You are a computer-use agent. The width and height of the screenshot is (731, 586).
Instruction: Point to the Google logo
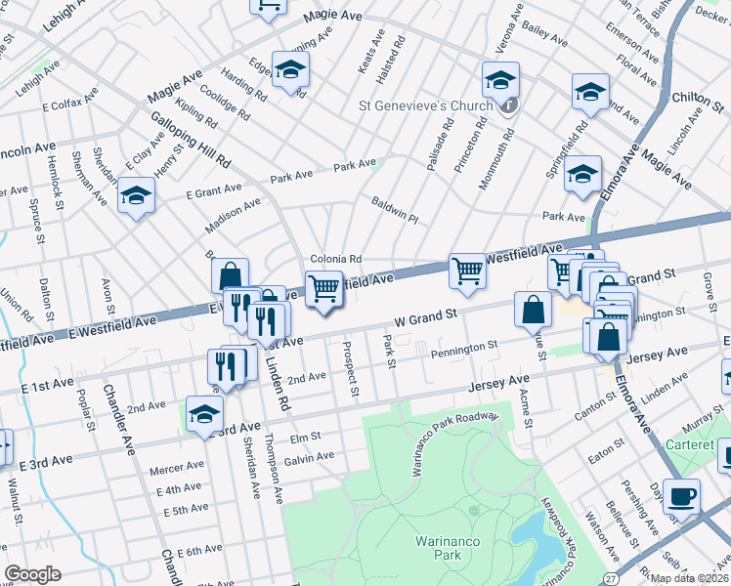[32, 574]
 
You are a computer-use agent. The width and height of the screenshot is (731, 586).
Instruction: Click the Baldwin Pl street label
[395, 211]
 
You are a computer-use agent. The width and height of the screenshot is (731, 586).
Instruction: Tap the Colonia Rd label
[336, 259]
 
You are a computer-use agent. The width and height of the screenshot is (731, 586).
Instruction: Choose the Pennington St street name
[466, 346]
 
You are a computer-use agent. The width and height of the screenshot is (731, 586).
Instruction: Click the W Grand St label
[426, 317]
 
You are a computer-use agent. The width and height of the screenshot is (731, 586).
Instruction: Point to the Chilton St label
[697, 99]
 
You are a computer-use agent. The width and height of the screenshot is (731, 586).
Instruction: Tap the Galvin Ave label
[309, 456]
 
